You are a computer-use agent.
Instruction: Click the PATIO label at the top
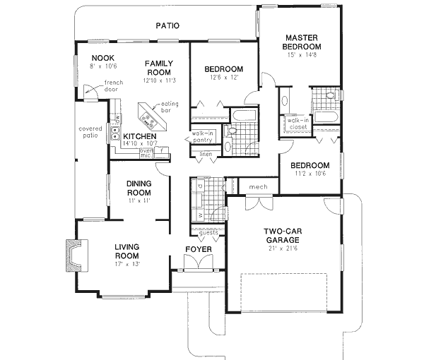pyautogui.click(x=167, y=26)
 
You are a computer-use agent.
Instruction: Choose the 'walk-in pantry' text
pyautogui.click(x=203, y=137)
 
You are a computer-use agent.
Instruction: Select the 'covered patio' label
pyautogui.click(x=92, y=133)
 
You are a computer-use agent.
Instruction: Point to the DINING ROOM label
pyautogui.click(x=139, y=188)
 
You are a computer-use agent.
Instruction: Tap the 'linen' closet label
pyautogui.click(x=206, y=154)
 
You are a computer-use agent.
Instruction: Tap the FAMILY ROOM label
pyautogui.click(x=160, y=68)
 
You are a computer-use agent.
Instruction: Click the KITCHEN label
pyautogui.click(x=140, y=136)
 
